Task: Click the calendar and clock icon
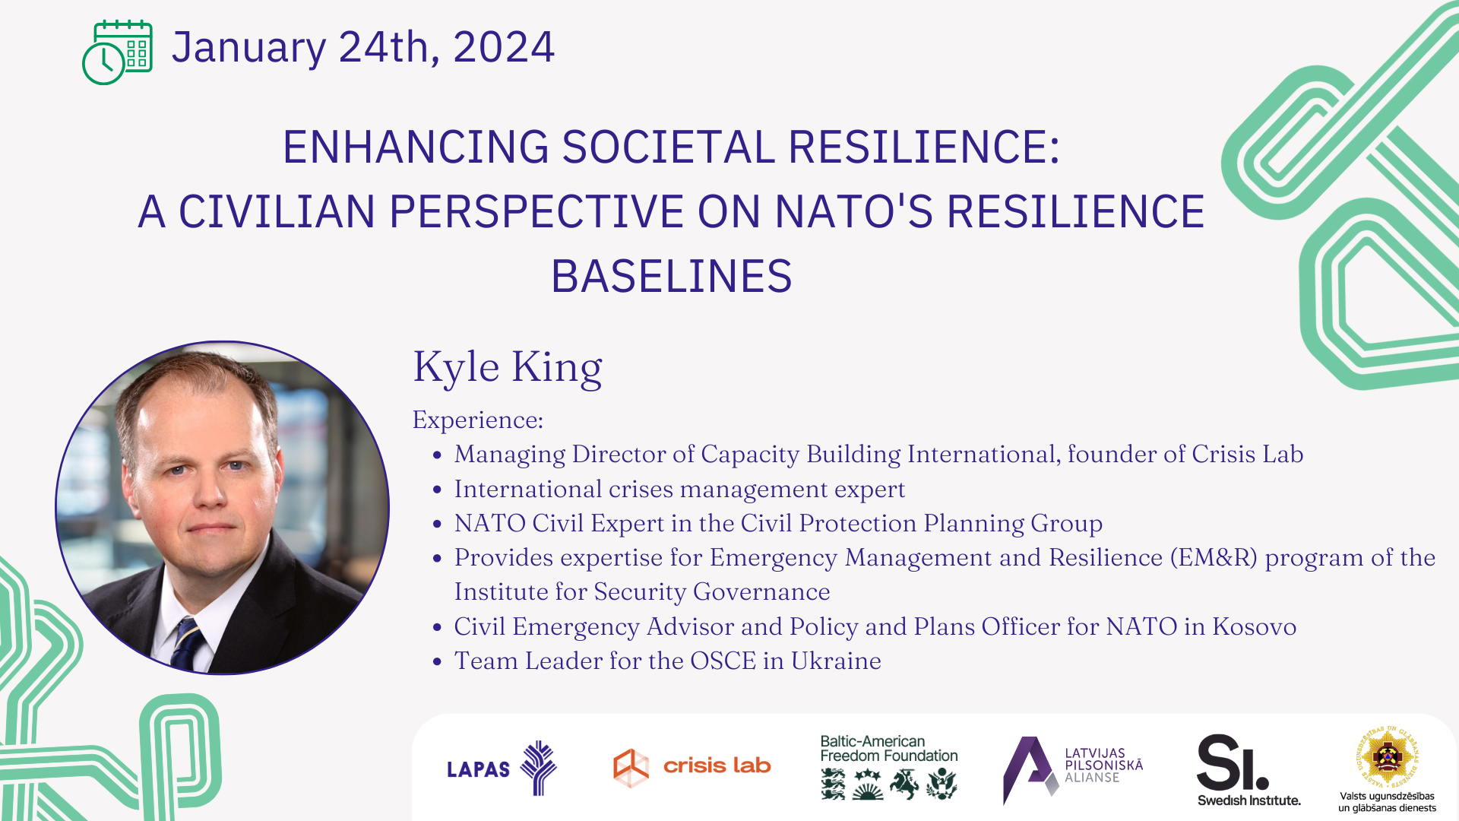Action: [x=117, y=52]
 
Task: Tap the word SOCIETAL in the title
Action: [x=668, y=147]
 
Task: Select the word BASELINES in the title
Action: [x=672, y=276]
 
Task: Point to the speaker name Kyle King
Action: [x=508, y=368]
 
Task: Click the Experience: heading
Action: [x=478, y=420]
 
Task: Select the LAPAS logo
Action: [x=502, y=768]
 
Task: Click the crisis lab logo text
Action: [x=717, y=766]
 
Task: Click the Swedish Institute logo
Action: [x=1249, y=769]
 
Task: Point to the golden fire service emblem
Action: [x=1388, y=757]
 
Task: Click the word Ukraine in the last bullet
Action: [x=836, y=661]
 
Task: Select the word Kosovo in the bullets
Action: [x=1255, y=627]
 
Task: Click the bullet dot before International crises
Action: [x=437, y=490]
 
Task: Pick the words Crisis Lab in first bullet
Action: [x=1248, y=455]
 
